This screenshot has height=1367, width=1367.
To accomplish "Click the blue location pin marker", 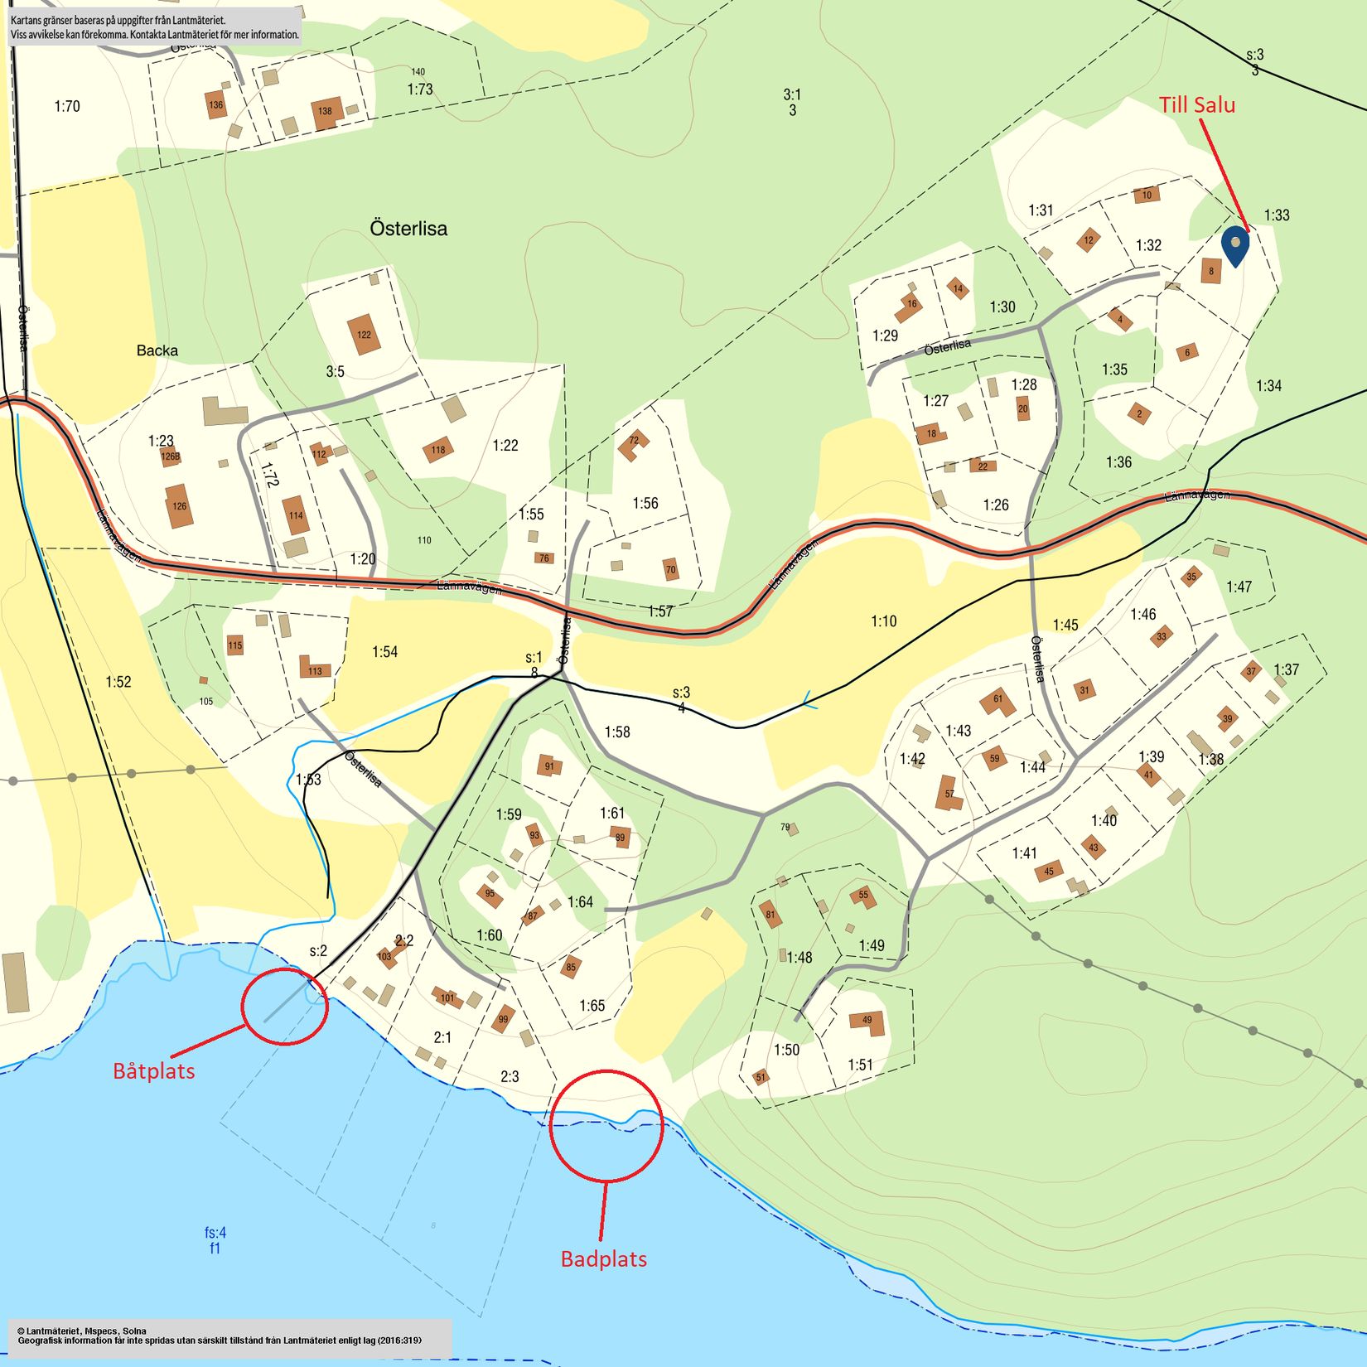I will click(x=1234, y=245).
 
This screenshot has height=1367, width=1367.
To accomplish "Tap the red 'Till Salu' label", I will click(x=1196, y=105).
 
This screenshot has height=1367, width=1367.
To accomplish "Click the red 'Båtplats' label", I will click(x=154, y=1071).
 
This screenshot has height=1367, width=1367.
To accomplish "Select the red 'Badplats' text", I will click(x=603, y=1259).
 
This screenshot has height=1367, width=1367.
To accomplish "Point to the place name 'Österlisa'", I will click(x=408, y=229).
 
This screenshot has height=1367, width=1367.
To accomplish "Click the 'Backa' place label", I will click(x=157, y=350).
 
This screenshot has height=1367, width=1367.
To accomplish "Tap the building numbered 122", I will click(x=363, y=335).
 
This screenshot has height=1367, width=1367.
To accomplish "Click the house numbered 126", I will click(x=179, y=505).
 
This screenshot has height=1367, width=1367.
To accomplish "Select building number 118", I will click(x=437, y=450).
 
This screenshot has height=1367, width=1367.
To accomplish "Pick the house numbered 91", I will click(x=548, y=766).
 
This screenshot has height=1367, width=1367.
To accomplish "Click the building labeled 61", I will click(x=997, y=700).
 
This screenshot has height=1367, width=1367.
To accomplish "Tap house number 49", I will click(x=867, y=1021).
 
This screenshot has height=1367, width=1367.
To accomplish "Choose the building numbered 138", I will click(x=326, y=112).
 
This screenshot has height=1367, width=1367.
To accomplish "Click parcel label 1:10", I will click(x=883, y=621).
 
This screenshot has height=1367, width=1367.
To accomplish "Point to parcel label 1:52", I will click(x=118, y=682).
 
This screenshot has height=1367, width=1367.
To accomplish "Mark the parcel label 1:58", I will click(x=616, y=732).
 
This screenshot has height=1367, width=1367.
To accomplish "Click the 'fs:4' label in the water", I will click(x=215, y=1233).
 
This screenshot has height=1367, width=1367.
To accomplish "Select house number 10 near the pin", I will click(x=1147, y=196).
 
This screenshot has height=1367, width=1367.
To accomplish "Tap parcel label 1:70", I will click(x=67, y=106).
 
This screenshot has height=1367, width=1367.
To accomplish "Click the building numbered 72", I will click(x=634, y=443).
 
